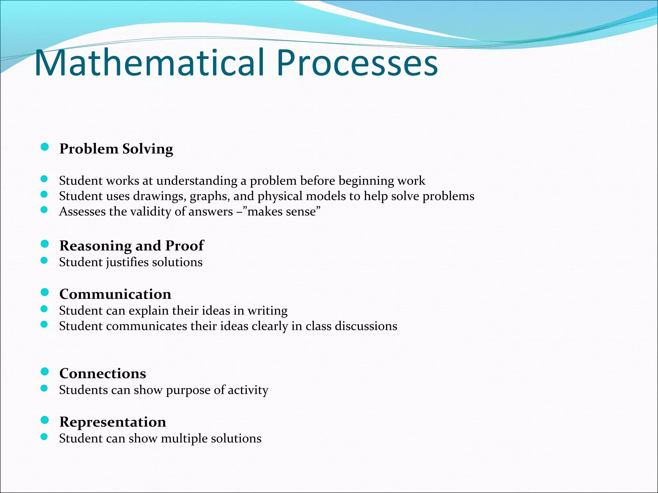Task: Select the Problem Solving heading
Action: pos(116,149)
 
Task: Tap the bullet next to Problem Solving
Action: pos(45,147)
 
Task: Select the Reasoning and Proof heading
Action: pos(131,246)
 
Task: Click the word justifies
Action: pos(127,263)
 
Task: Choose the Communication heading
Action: pos(115,294)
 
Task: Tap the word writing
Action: pos(267,311)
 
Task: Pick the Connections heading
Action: pos(102,374)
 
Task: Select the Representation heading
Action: pos(112,422)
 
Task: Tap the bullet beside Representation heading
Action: pos(45,420)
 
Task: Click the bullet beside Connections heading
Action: pos(45,372)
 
